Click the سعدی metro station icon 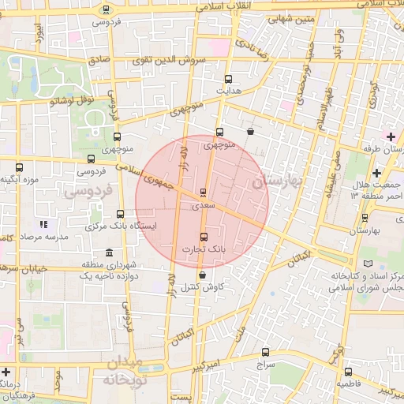coord(204,192)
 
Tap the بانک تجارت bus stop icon coord(204,236)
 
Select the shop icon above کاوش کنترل coord(204,275)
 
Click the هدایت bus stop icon coord(229,79)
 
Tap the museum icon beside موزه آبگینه coord(20,167)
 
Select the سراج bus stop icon coord(265,353)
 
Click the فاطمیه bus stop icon coord(348,371)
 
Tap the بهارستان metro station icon coord(365,218)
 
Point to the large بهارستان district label coord(277,181)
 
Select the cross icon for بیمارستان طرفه coord(391,137)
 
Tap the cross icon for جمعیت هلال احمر coord(376,173)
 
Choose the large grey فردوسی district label coord(89,190)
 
